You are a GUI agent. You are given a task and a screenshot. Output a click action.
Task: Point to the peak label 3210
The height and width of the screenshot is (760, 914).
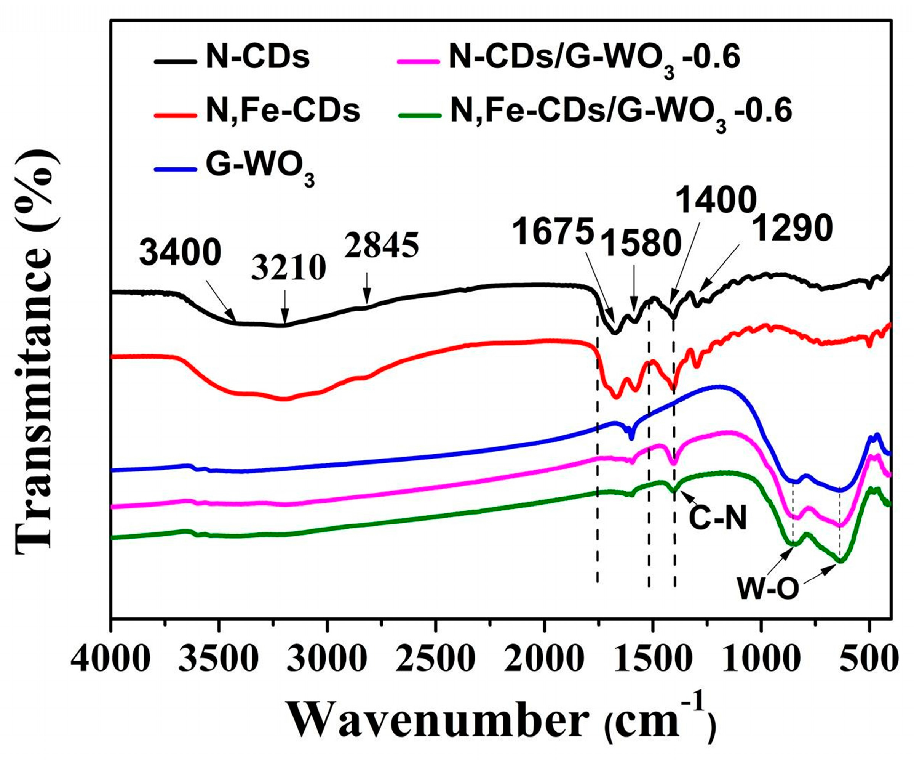point(289,268)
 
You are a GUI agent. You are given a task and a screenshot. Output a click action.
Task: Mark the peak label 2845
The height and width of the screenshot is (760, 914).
point(382,245)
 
